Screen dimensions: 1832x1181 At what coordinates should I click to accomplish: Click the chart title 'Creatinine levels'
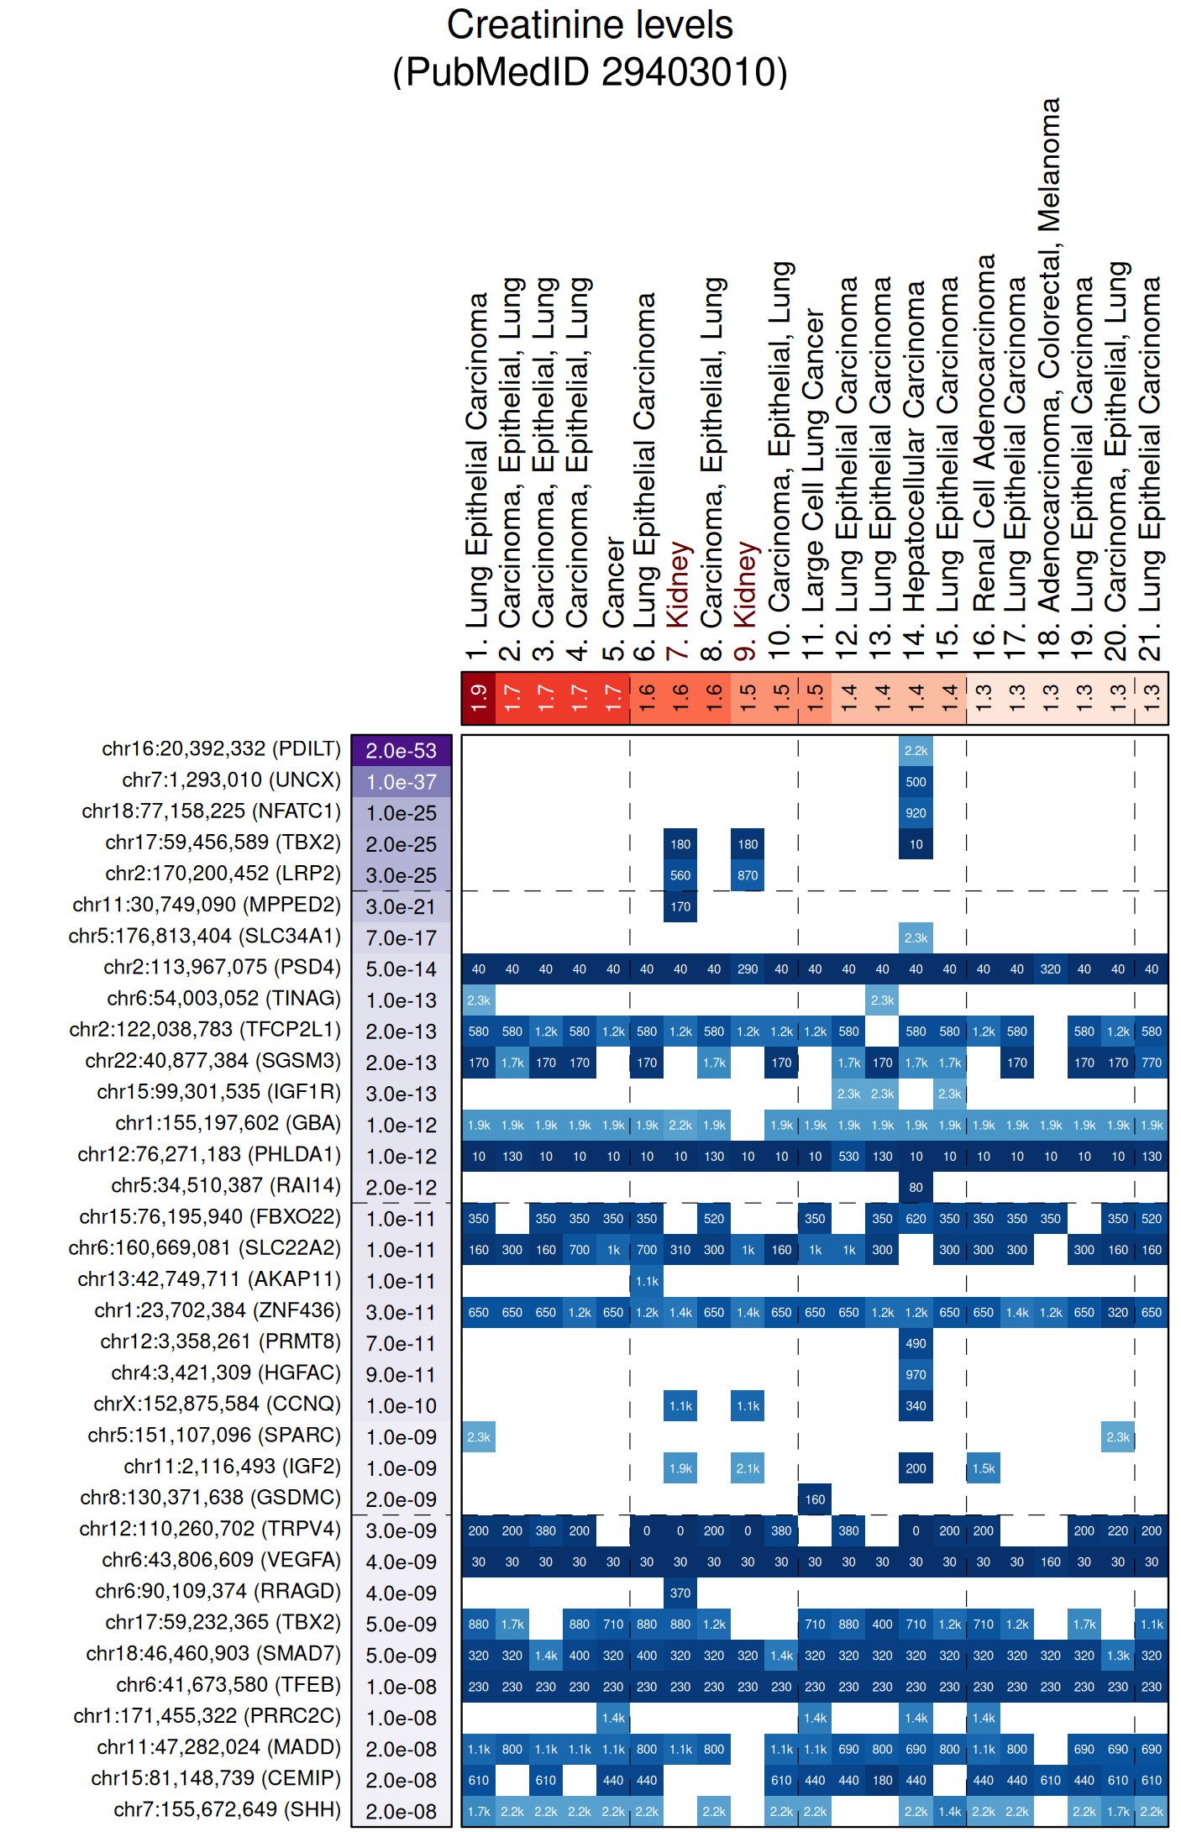click(x=590, y=25)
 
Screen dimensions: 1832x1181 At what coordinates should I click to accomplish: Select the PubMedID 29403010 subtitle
click(x=590, y=72)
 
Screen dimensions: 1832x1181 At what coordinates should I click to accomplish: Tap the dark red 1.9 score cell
click(x=478, y=697)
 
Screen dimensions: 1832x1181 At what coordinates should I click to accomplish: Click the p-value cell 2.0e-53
click(x=402, y=750)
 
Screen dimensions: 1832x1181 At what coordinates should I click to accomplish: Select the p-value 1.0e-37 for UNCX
click(x=402, y=781)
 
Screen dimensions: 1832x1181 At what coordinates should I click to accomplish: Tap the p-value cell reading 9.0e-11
click(x=402, y=1374)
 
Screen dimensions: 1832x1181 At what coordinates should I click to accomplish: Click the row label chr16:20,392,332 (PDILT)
click(x=222, y=748)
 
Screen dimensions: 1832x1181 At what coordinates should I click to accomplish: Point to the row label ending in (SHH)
click(x=227, y=1809)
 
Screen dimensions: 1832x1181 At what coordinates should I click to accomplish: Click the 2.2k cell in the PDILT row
click(x=916, y=750)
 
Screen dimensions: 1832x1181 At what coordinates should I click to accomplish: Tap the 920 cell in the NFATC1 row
click(x=916, y=812)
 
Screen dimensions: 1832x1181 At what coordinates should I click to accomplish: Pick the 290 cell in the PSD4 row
click(x=748, y=968)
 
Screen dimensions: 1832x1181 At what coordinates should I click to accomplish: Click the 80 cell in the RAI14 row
click(x=916, y=1187)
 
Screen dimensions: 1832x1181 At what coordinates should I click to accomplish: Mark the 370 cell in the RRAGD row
click(x=680, y=1592)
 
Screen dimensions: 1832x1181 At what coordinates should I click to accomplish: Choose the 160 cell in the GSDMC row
click(x=815, y=1499)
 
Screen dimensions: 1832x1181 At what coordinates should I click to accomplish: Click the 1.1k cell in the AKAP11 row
click(x=647, y=1281)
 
